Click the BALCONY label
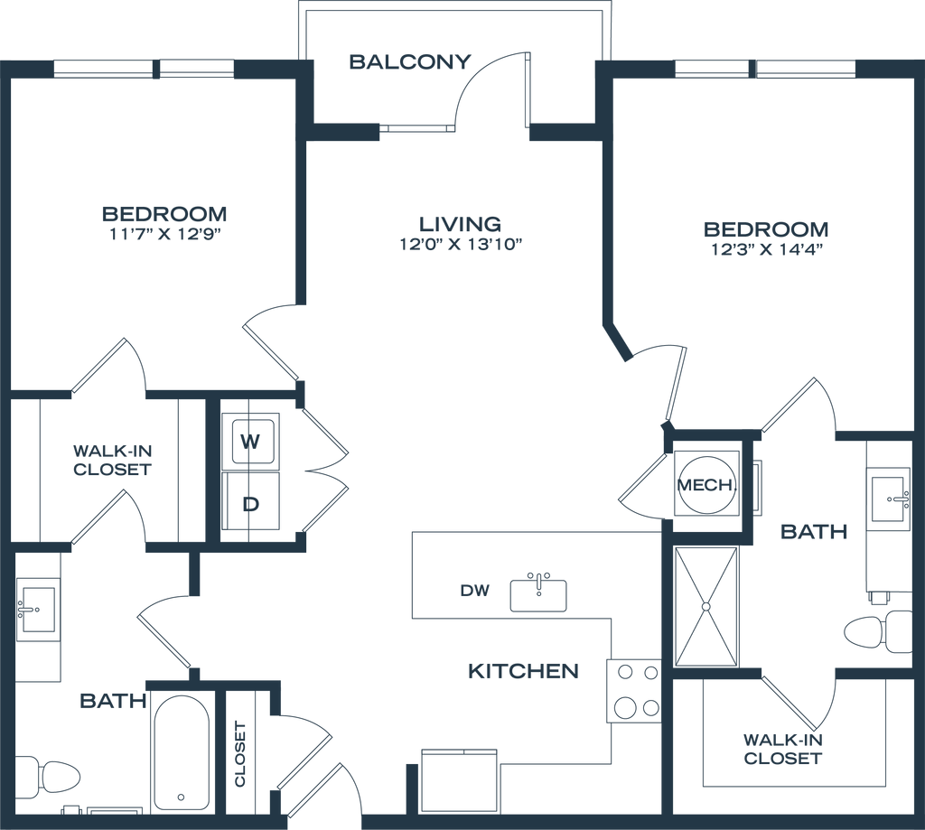pos(410,61)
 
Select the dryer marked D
pos(250,501)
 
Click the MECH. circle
pos(706,485)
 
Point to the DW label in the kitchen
pos(475,590)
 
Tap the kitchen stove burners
pos(633,690)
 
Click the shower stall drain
pos(705,606)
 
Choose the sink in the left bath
pos(38,610)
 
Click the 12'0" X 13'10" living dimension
pos(462,244)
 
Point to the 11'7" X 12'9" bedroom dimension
pos(164,234)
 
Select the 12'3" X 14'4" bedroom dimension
pos(767,249)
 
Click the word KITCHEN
pos(523,671)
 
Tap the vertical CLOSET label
pos(240,754)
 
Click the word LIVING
pos(461,224)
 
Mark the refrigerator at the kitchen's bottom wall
pos(460,781)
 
